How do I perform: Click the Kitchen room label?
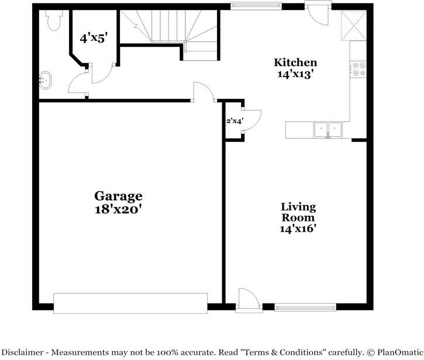[296, 63]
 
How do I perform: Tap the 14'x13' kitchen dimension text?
[296, 74]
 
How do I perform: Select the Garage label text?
[118, 196]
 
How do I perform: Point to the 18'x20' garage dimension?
[118, 209]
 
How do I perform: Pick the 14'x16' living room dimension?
[298, 229]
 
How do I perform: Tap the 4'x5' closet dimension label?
[94, 39]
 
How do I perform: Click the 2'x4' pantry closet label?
[235, 122]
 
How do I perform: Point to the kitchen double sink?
[328, 129]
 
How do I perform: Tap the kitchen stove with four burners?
[358, 70]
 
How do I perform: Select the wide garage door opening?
[130, 303]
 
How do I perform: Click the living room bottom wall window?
[305, 306]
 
